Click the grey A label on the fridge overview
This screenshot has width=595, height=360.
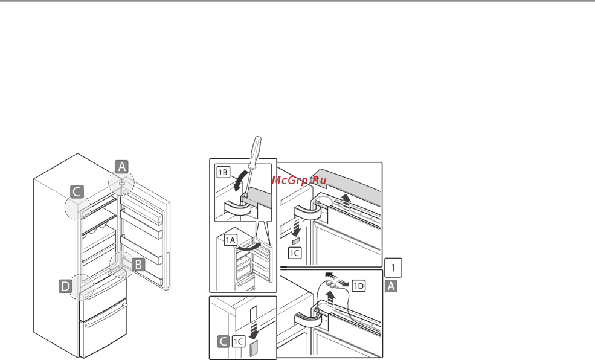(x=121, y=167)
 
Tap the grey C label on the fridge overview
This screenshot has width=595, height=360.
(x=77, y=191)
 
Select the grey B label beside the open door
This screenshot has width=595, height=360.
(x=138, y=265)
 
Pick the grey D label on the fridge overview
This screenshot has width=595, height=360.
(x=66, y=286)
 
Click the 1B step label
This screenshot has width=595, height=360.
(x=224, y=172)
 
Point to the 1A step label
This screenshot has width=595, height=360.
(x=230, y=240)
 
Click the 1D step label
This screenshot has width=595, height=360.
(x=359, y=286)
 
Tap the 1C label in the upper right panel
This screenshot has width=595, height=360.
(x=295, y=253)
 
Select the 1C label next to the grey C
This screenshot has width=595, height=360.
(x=239, y=341)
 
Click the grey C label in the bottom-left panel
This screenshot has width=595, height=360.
(x=223, y=341)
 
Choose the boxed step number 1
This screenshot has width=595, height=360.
(x=393, y=268)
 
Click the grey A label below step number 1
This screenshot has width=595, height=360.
(x=391, y=286)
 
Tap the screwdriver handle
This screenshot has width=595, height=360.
(x=255, y=152)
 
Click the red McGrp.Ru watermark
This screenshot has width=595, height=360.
(x=299, y=180)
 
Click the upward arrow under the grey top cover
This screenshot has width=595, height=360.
(x=346, y=201)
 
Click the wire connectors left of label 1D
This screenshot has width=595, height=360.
(x=331, y=284)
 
